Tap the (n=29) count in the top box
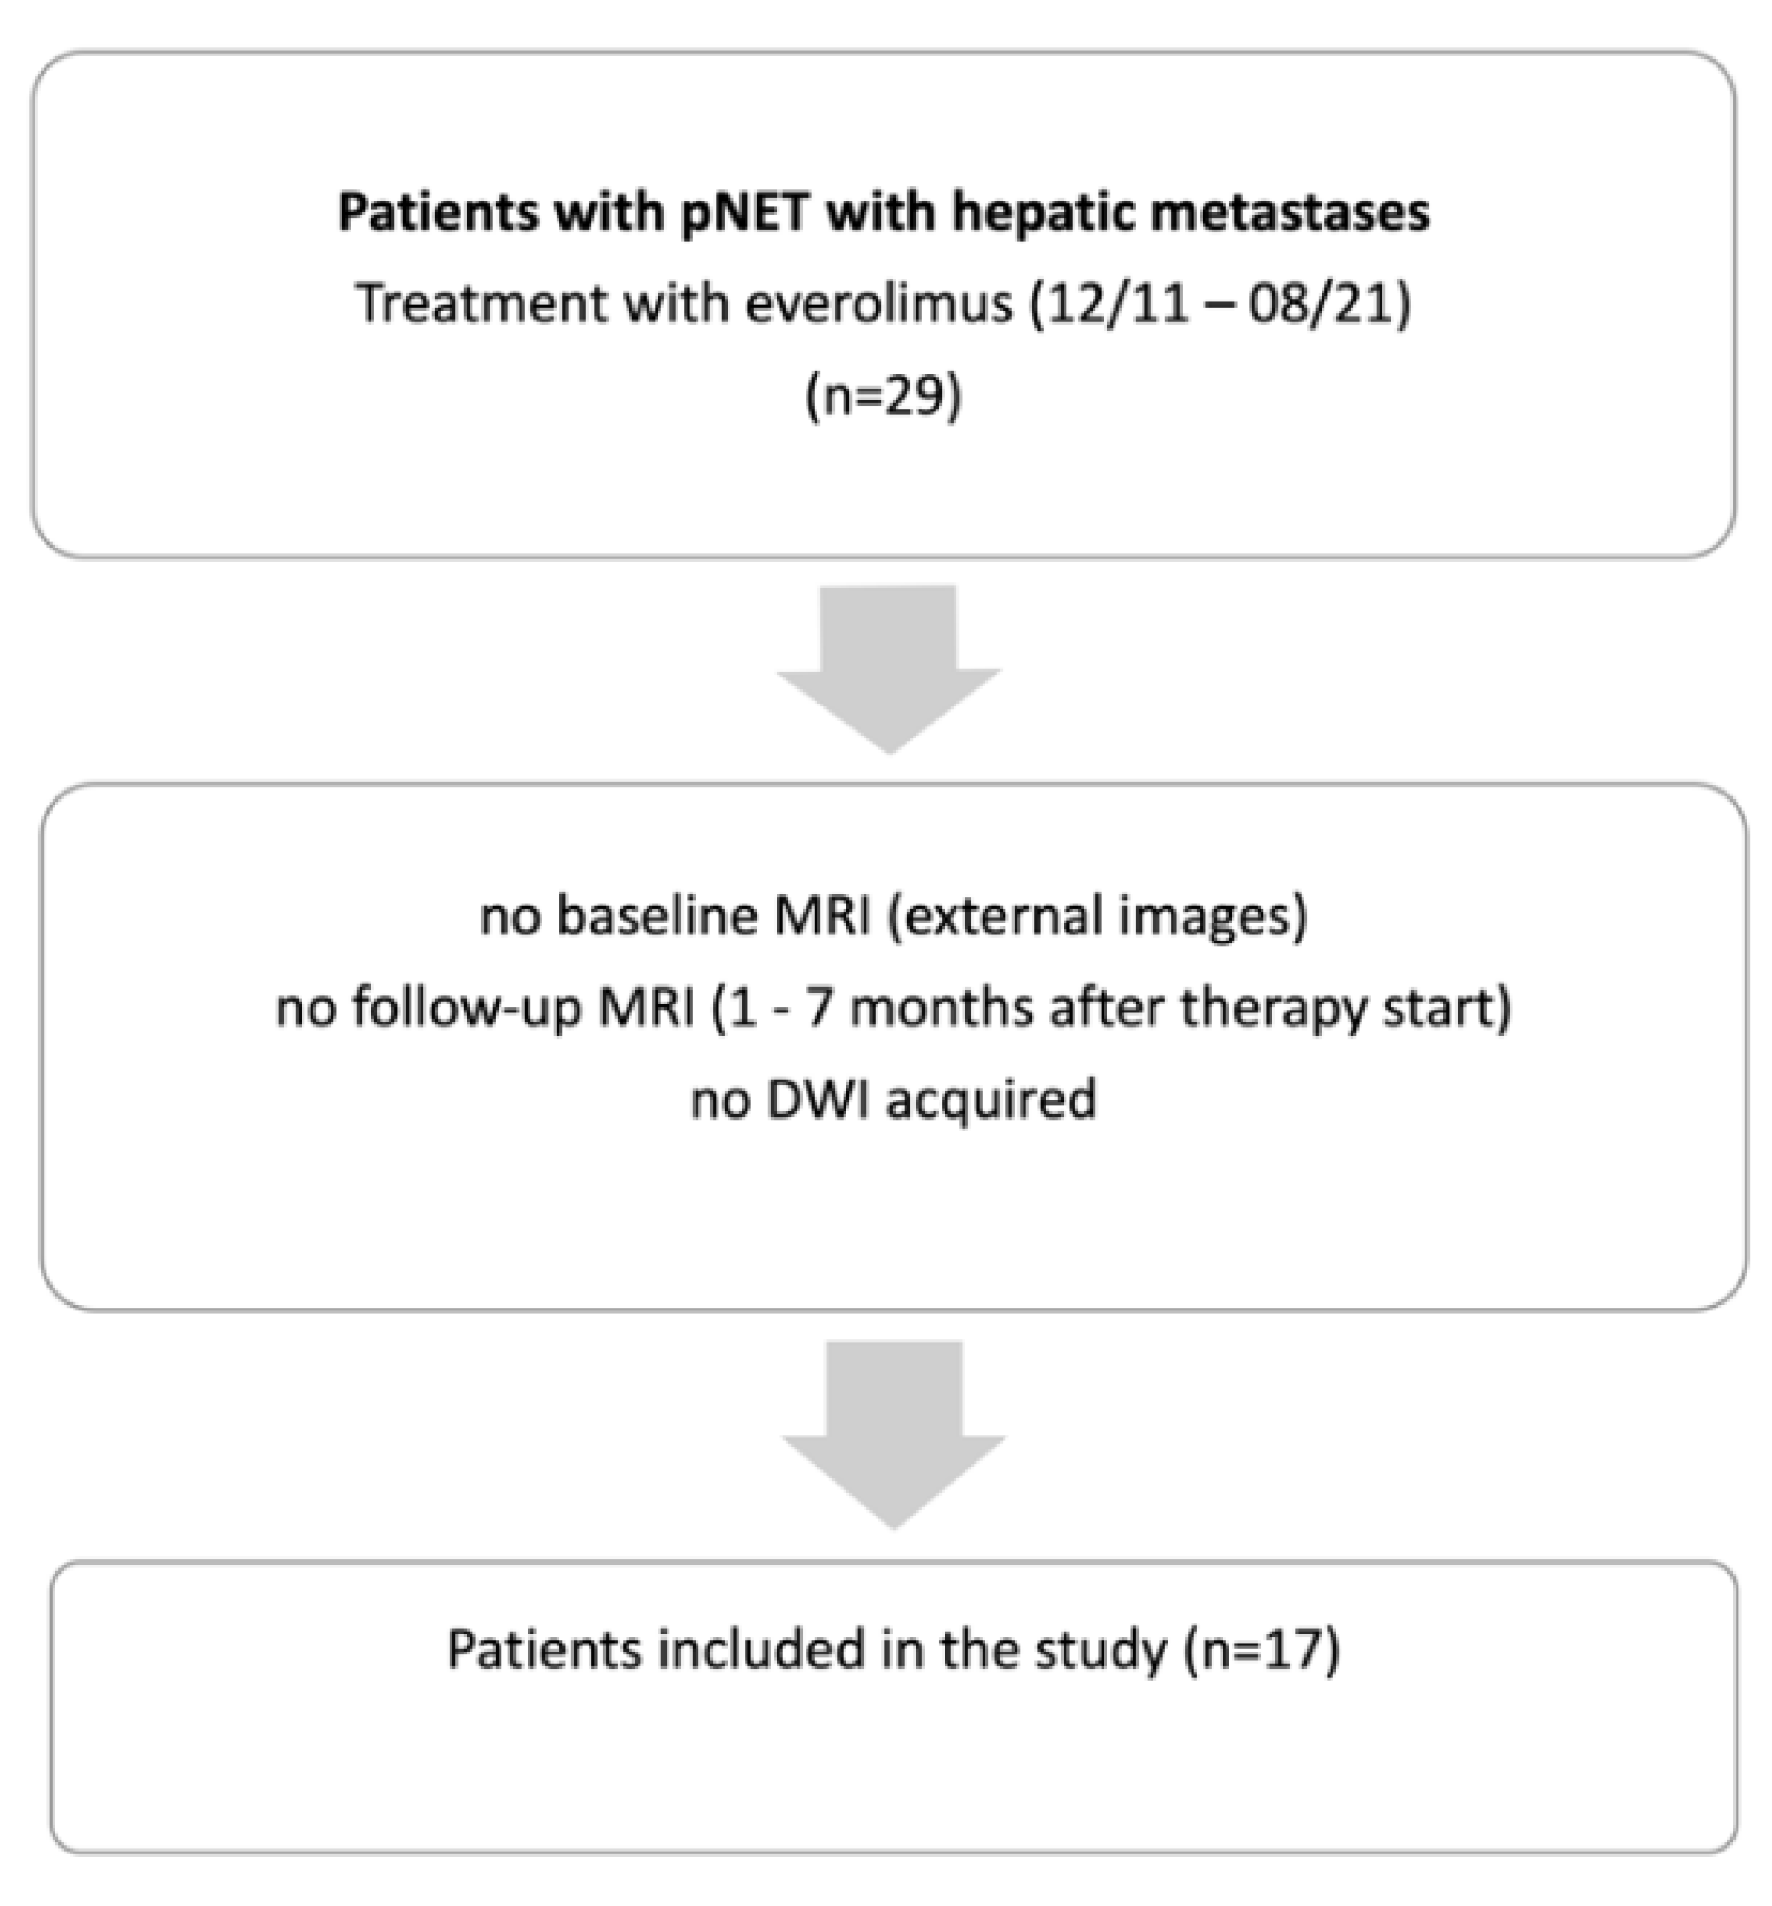coord(883,396)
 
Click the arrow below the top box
coord(889,667)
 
